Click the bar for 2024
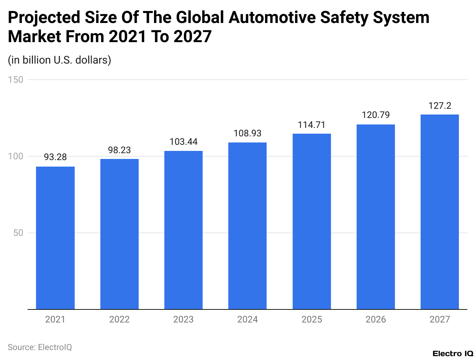coord(247,226)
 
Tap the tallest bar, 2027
coord(439,212)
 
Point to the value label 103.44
coord(183,142)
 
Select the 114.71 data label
coord(311,125)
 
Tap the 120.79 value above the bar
coord(376,115)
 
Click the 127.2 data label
coord(439,106)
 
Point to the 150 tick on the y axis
coord(16,80)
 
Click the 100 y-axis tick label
coord(16,156)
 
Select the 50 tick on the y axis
coord(18,233)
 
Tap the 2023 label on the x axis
coord(183,319)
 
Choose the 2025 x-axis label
coord(311,319)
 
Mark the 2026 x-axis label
coord(376,319)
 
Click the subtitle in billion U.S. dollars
coord(59,60)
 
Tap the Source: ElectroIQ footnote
coord(40,347)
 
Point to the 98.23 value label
coord(119,150)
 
